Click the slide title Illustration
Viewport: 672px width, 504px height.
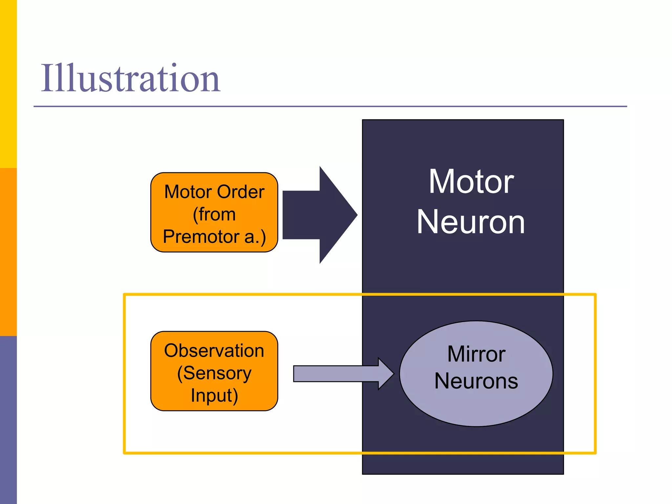click(130, 78)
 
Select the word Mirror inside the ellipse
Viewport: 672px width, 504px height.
click(476, 354)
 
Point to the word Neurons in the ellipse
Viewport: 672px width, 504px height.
click(476, 381)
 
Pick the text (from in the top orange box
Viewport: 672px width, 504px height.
click(214, 214)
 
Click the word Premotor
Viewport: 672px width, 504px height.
click(201, 237)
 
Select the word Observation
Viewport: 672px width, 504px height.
click(214, 350)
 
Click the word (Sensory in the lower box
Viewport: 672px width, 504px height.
click(214, 373)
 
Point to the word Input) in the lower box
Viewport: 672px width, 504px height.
click(214, 395)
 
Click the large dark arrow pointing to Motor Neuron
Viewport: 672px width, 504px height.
click(315, 215)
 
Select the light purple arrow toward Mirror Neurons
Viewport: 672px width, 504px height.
click(338, 374)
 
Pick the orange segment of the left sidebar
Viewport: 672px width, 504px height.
click(8, 252)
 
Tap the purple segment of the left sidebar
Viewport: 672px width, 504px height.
click(8, 420)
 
